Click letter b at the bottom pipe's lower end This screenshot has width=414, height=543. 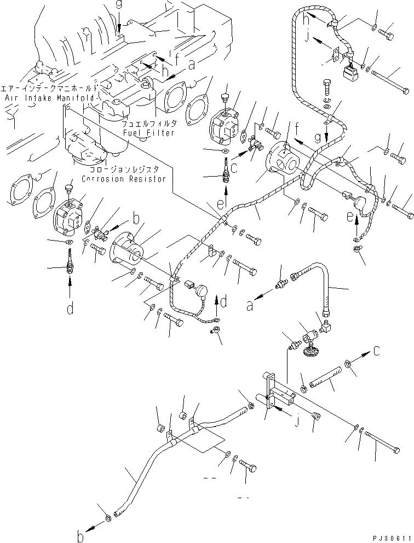pos(81,537)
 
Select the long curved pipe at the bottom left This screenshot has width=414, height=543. pos(145,465)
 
